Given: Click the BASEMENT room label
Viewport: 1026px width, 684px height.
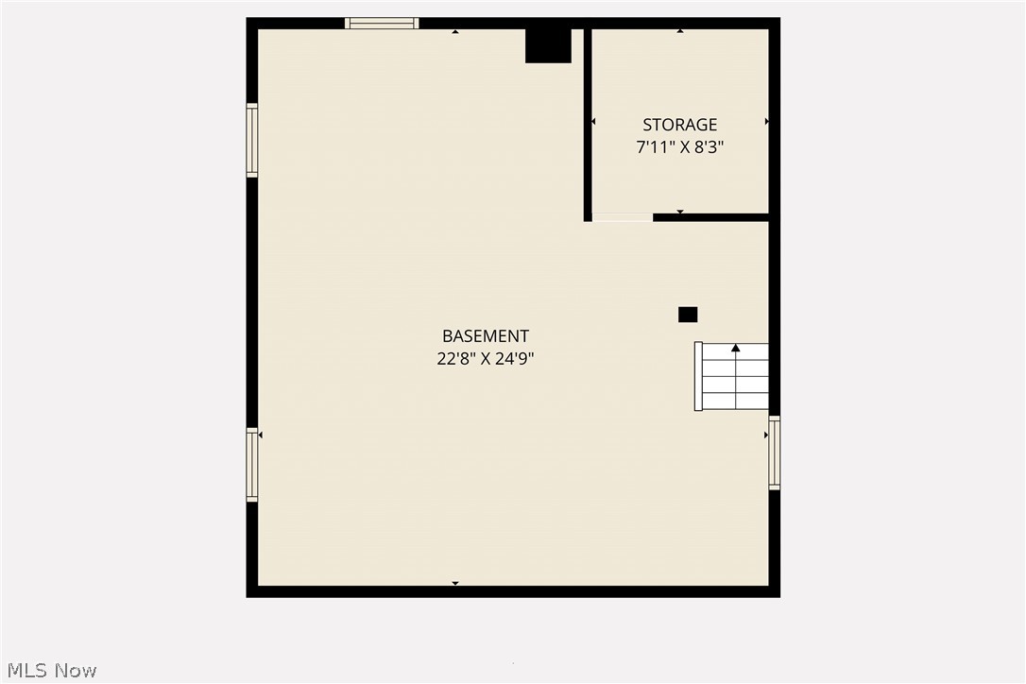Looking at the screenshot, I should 486,336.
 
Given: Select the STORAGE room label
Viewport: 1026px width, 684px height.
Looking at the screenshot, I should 680,125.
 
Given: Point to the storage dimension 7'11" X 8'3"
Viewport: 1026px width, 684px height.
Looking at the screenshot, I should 680,147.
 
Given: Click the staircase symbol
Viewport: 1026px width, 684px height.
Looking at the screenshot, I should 732,376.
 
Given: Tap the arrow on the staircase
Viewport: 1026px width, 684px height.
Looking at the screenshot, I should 736,349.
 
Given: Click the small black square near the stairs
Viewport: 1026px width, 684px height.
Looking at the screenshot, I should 688,315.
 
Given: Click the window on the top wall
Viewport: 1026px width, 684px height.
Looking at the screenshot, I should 382,24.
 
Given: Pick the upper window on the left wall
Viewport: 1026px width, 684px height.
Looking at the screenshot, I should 252,140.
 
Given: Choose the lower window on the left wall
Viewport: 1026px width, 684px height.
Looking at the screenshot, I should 252,465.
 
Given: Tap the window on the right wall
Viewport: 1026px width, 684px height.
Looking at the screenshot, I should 775,453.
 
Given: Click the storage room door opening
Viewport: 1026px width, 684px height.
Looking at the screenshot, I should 622,218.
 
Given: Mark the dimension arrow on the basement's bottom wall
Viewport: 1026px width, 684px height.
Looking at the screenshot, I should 455,583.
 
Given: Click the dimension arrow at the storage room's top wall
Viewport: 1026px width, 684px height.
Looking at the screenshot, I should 680,32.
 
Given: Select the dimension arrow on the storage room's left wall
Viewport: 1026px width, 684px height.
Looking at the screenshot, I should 594,122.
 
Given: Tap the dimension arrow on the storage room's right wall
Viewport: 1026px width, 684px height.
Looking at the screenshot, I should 765,122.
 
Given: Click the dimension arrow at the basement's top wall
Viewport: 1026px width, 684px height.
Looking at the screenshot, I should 455,32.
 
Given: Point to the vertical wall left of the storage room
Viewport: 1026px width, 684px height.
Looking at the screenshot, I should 588,123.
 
